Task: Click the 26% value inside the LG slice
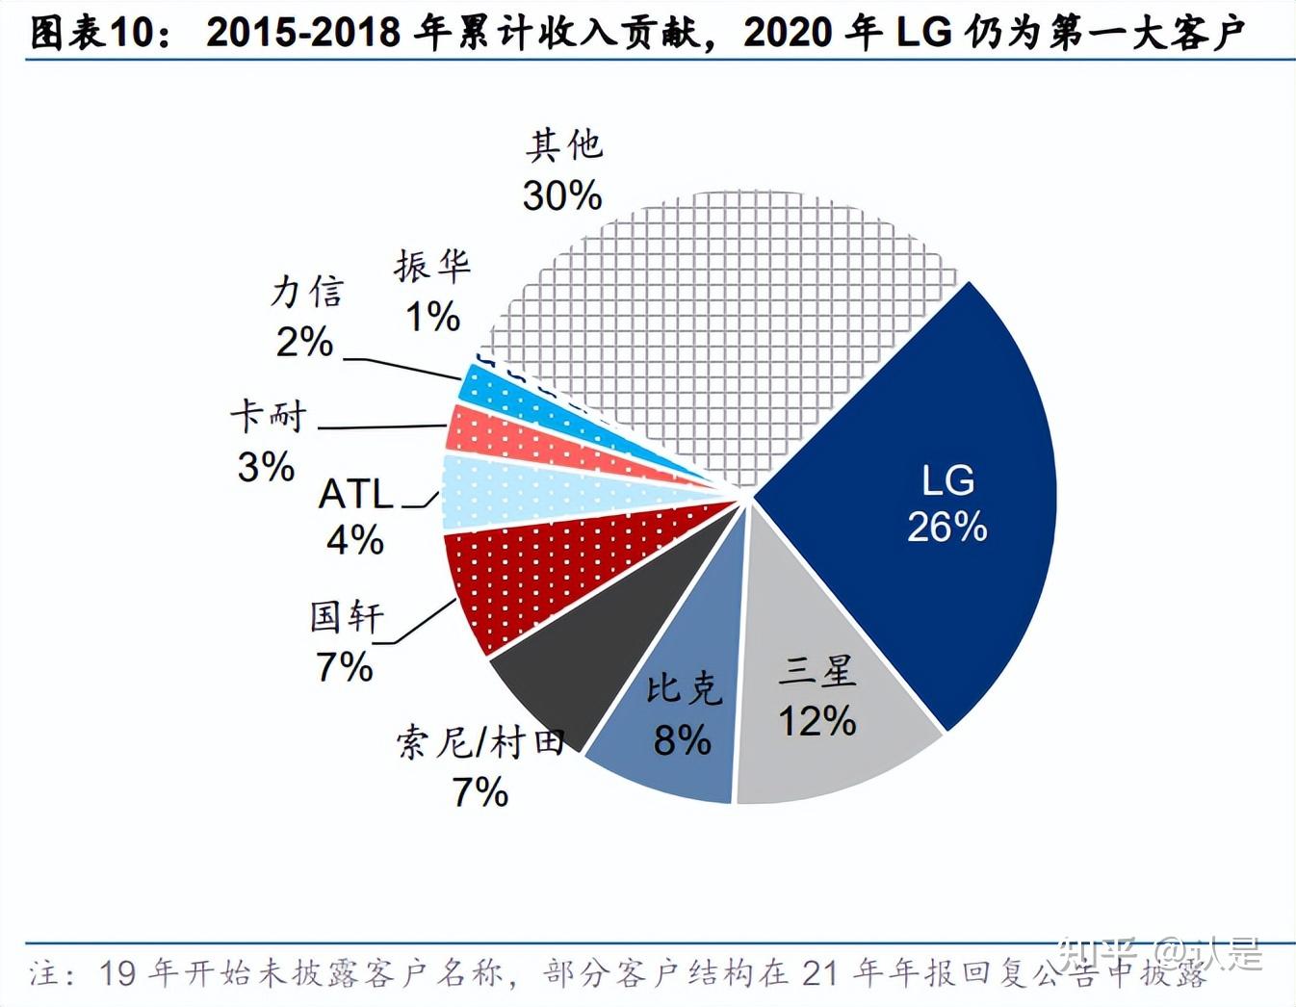click(x=946, y=528)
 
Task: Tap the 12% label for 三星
click(x=817, y=721)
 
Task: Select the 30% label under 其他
click(x=562, y=195)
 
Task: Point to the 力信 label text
click(x=307, y=292)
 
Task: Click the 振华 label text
click(x=431, y=266)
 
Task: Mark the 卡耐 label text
click(x=268, y=417)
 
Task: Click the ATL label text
click(x=356, y=494)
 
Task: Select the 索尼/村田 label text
click(x=480, y=742)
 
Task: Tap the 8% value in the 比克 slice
click(x=682, y=739)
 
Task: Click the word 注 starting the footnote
click(x=44, y=972)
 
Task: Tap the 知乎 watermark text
click(x=1098, y=953)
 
